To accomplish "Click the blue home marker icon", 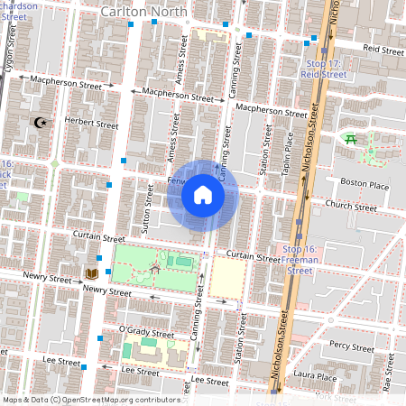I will (x=203, y=195).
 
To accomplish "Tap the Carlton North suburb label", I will (x=144, y=12).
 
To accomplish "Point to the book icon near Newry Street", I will (x=91, y=273).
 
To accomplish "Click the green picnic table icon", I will (x=350, y=138).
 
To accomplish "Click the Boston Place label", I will (x=364, y=185).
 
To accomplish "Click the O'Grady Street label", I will (x=147, y=331).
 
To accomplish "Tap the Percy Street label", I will (x=352, y=346).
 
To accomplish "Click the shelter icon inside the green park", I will (x=156, y=268).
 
